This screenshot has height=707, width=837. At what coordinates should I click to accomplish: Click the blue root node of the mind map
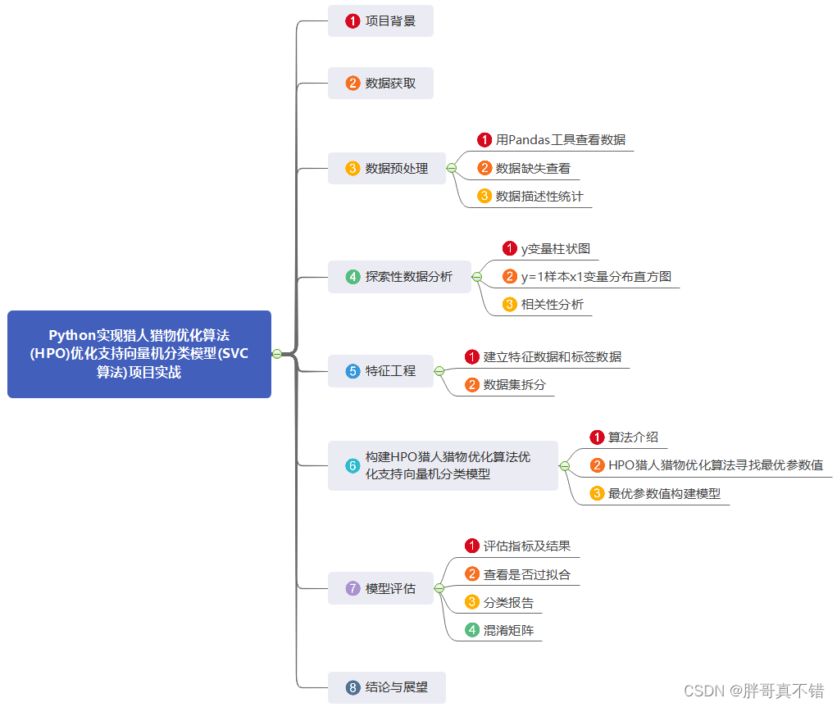(139, 354)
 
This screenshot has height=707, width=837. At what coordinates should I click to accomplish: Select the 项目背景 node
(380, 20)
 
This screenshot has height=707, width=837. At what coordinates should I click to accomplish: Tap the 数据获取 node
(380, 84)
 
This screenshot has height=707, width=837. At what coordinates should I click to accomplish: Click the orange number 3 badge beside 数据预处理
(353, 169)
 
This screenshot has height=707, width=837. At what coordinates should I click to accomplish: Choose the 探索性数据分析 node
(399, 277)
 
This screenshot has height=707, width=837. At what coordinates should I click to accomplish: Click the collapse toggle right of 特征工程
(439, 371)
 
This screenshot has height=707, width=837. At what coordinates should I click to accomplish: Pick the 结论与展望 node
(386, 687)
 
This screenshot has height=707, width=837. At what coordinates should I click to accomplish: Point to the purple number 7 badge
(353, 588)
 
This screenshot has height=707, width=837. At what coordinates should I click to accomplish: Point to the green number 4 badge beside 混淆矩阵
(472, 630)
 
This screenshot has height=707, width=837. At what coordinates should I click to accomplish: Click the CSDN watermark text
(753, 691)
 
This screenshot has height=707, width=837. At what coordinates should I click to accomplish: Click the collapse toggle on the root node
(276, 354)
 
